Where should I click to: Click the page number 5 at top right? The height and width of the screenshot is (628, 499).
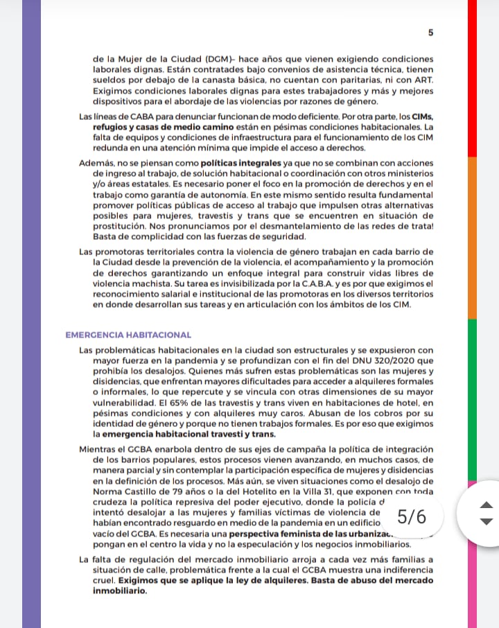pos(430,33)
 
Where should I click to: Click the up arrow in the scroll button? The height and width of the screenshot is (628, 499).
pos(487,505)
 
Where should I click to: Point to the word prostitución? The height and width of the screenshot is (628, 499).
pos(123,225)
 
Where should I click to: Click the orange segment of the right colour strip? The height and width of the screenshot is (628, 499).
pos(472,236)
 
